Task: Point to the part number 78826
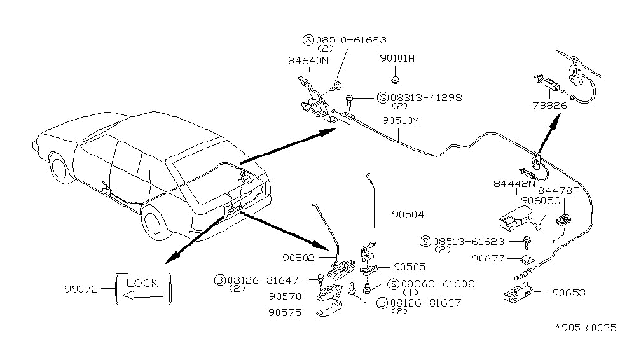pyautogui.click(x=550, y=106)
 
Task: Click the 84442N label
pyautogui.click(x=513, y=184)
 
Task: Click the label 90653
pyautogui.click(x=568, y=293)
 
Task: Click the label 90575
pyautogui.click(x=284, y=312)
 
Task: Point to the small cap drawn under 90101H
pyautogui.click(x=396, y=80)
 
